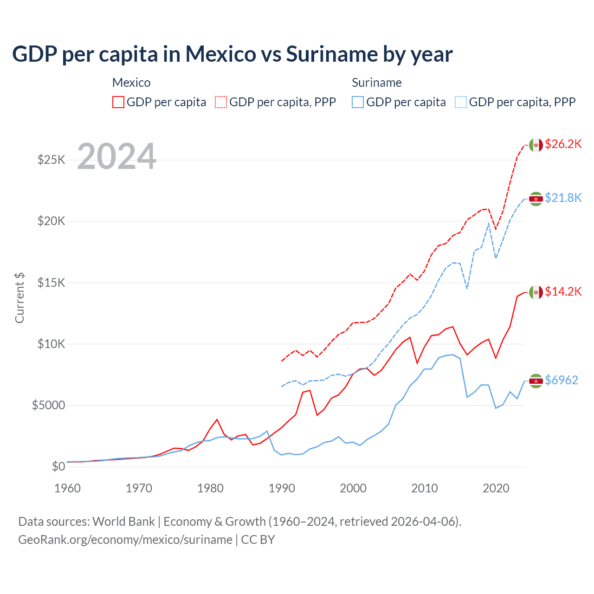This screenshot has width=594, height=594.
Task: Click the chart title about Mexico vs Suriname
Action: coord(232,54)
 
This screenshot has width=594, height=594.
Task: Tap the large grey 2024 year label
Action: coord(116,156)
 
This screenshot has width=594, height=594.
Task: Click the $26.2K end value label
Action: coord(563,144)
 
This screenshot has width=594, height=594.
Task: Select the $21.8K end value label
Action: coord(563,198)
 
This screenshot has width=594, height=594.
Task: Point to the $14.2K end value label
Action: coord(563,291)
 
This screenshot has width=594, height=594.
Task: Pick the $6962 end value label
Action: coord(561,380)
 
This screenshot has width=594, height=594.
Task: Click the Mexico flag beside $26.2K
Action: coord(536,145)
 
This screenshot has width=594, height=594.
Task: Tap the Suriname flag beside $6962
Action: coord(536,381)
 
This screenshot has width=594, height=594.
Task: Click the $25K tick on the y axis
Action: coord(52,160)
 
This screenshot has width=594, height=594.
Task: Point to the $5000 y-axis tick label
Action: coord(48,405)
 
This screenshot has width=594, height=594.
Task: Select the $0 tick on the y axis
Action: coord(58,466)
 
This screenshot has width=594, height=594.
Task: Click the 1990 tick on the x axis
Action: coord(282,488)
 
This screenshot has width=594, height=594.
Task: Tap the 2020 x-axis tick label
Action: coord(496,488)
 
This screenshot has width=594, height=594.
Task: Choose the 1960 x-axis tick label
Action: coord(68,488)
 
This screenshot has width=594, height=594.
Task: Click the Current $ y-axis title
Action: coord(19,298)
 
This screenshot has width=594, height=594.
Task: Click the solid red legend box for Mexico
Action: coord(118,102)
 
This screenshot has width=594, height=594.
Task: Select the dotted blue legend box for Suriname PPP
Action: coord(461,102)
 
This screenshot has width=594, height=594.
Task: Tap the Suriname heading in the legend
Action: coord(376,83)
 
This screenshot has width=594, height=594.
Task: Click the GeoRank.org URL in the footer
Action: coord(125,540)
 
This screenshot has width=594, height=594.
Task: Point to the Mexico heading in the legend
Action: coord(131,83)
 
